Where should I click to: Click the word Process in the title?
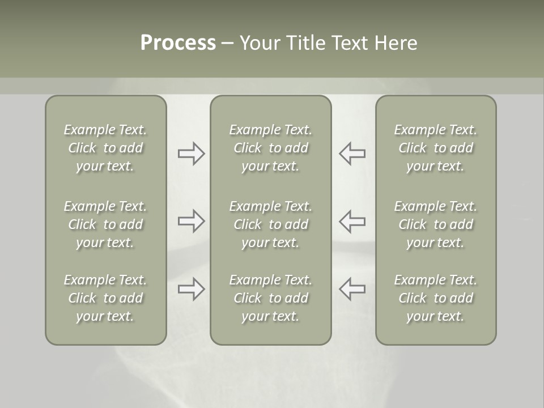pos(178,43)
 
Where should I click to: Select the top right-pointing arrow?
pos(191,154)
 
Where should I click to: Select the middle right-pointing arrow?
pos(191,221)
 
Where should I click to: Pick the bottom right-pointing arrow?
pos(191,289)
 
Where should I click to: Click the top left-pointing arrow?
pos(352,154)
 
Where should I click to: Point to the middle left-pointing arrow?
pos(352,221)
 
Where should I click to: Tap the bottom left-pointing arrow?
pos(352,289)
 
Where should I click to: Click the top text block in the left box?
pos(105,148)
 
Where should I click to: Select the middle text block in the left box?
pos(105,224)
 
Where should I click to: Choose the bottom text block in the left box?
pos(105,298)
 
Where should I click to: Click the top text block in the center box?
pos(270,148)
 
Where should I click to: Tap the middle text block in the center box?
pos(270,224)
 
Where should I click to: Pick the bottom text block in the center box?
pos(270,298)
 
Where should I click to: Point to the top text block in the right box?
pos(435,148)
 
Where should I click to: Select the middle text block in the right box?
pos(435,224)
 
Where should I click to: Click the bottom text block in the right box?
pos(435,298)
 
